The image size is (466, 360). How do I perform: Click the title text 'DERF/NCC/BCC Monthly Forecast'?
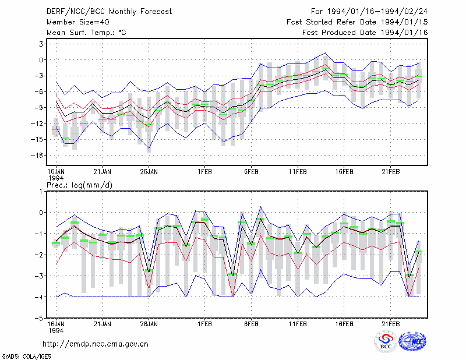109,12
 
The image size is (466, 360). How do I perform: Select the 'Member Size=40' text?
78,22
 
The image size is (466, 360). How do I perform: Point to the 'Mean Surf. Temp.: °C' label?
86,33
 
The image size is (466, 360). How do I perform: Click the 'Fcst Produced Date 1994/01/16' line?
365,33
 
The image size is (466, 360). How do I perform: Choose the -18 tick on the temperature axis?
37,155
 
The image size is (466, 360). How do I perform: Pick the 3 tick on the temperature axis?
41,44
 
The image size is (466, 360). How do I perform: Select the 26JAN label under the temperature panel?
149,172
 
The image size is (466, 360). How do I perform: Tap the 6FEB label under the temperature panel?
251,172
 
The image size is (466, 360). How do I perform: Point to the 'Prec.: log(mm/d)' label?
80,185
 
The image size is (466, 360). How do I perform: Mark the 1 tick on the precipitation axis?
41,192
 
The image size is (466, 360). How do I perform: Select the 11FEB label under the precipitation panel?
298,324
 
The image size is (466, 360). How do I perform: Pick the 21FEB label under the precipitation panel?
390,324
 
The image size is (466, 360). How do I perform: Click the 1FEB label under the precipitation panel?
204,324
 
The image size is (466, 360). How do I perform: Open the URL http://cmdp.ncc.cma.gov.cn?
96,344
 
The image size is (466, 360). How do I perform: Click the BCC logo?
386,341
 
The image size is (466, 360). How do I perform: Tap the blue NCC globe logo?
412,341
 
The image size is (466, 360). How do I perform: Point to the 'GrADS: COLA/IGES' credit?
26,357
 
